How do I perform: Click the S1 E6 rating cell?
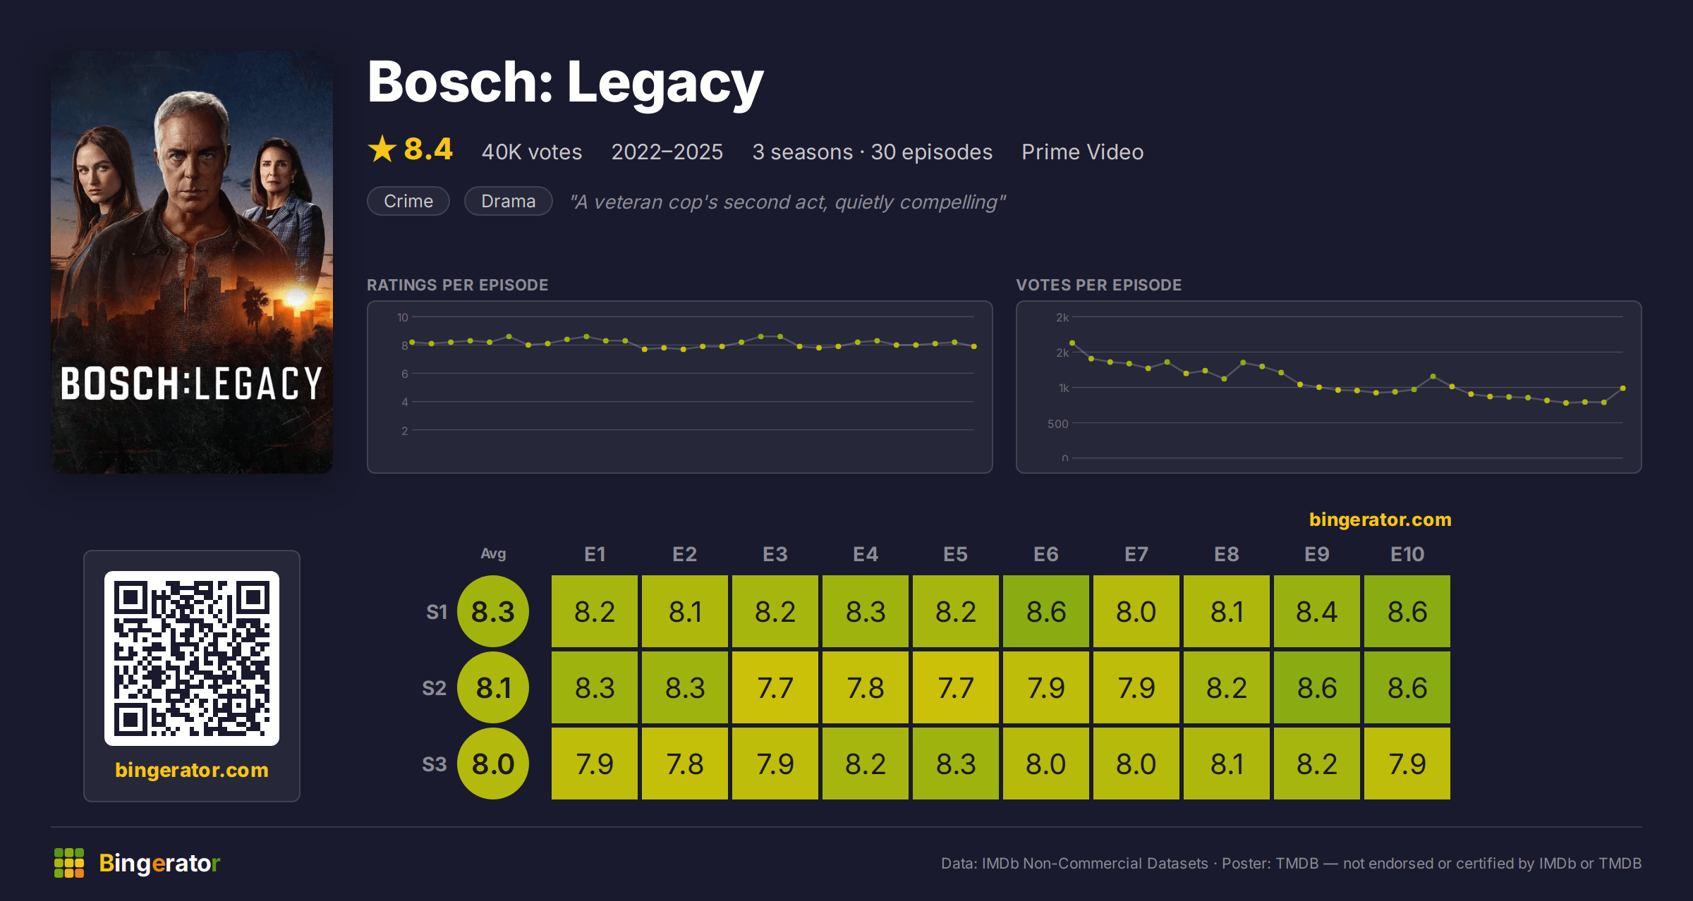[x=1045, y=611]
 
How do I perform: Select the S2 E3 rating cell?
[x=775, y=687]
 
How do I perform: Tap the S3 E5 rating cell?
[x=955, y=764]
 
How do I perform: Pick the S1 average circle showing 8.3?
[x=493, y=611]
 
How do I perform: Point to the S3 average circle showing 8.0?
[x=493, y=764]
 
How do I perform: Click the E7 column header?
[x=1136, y=554]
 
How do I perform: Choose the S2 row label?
[x=434, y=688]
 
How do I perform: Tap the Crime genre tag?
[x=408, y=201]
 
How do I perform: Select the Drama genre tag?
[x=508, y=201]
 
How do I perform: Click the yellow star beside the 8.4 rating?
[x=382, y=149]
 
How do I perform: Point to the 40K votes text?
[x=532, y=152]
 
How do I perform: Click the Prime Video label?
[x=1082, y=152]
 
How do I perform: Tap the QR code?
[x=192, y=658]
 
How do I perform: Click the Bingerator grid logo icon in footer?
[x=69, y=863]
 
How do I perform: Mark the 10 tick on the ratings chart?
[x=402, y=317]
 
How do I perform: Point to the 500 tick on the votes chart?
[x=1057, y=424]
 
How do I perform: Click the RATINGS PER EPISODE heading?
[x=457, y=285]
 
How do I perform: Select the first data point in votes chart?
[x=1072, y=343]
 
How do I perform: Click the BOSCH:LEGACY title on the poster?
[x=192, y=384]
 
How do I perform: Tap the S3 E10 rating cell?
[x=1407, y=764]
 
